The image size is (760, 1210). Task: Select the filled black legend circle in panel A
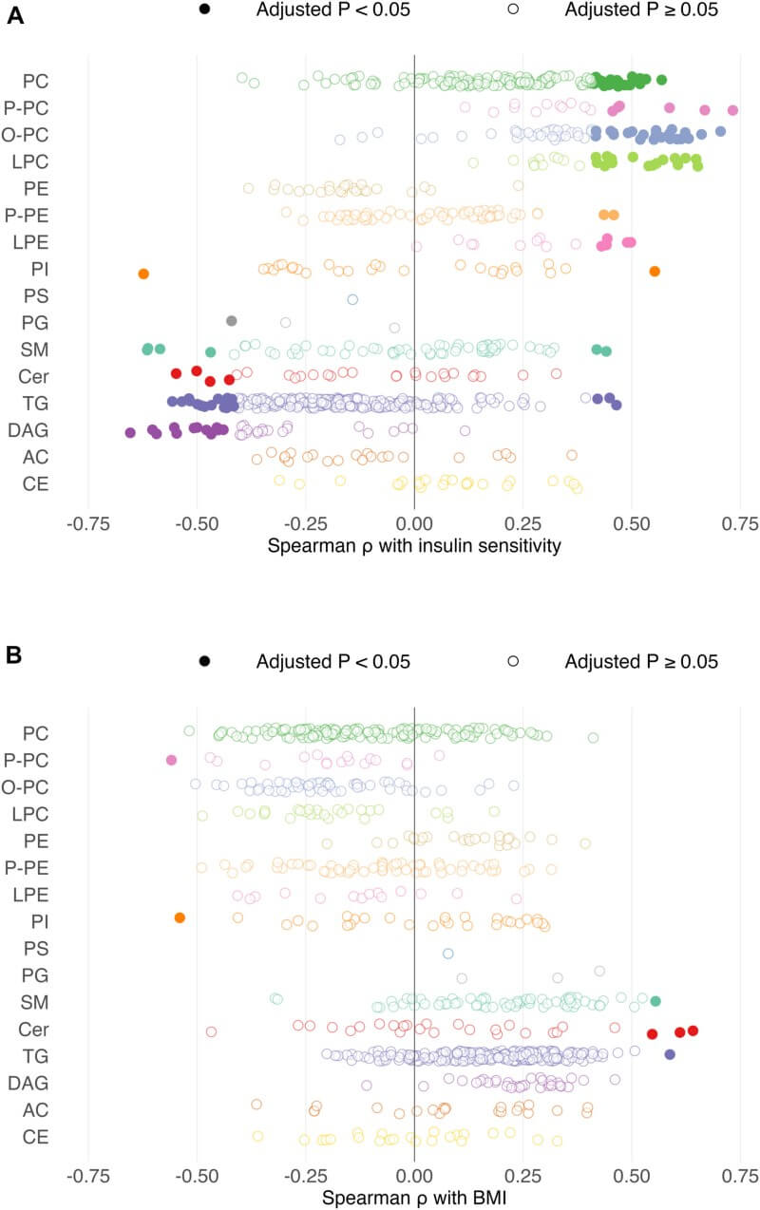[x=204, y=9]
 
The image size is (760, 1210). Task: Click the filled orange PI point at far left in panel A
[x=143, y=274]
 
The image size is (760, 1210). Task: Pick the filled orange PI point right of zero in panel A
[x=655, y=272]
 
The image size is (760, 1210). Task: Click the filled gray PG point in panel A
[x=231, y=320]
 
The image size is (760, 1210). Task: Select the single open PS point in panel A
[x=352, y=299]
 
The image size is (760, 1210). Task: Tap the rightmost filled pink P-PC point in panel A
[x=732, y=110]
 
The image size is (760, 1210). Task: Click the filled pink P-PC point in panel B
[x=171, y=760]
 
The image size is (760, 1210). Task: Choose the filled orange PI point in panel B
[x=180, y=917]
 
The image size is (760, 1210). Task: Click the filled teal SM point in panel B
[x=655, y=1000]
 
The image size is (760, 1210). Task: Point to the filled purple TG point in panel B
[x=670, y=1054]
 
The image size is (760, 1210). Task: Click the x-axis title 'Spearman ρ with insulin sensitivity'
[x=414, y=546]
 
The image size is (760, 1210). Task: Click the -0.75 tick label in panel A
[x=87, y=522]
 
